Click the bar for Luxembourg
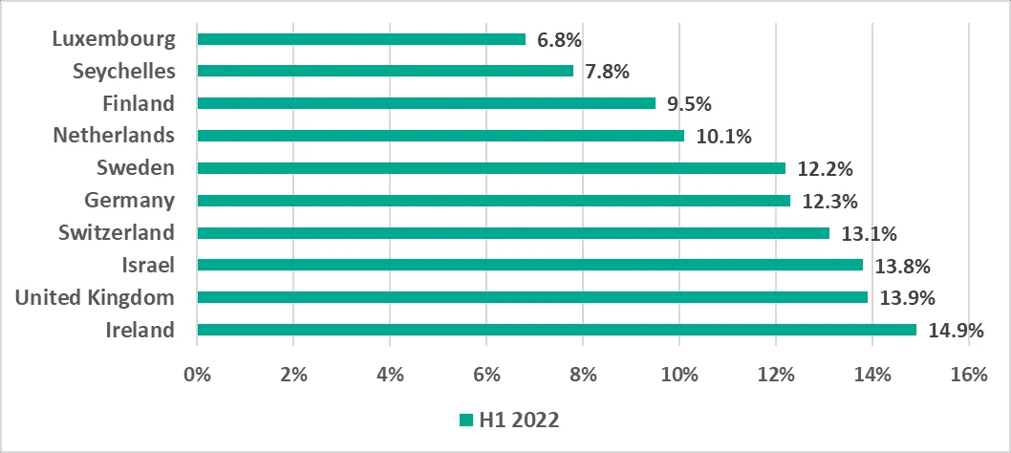coord(360,39)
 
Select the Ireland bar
coord(556,330)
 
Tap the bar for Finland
coord(425,103)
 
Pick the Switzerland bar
coord(512,232)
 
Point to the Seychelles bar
coord(384,71)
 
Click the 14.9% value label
coord(956,331)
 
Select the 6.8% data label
coord(560,40)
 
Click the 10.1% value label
coord(723,137)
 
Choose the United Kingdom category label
coord(95,297)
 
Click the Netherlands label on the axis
coord(114,135)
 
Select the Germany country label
coord(129,200)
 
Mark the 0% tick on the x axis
coord(197,376)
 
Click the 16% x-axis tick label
coord(969,376)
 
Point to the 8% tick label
coord(583,376)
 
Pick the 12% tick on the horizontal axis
coord(776,376)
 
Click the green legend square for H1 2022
coord(466,421)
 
